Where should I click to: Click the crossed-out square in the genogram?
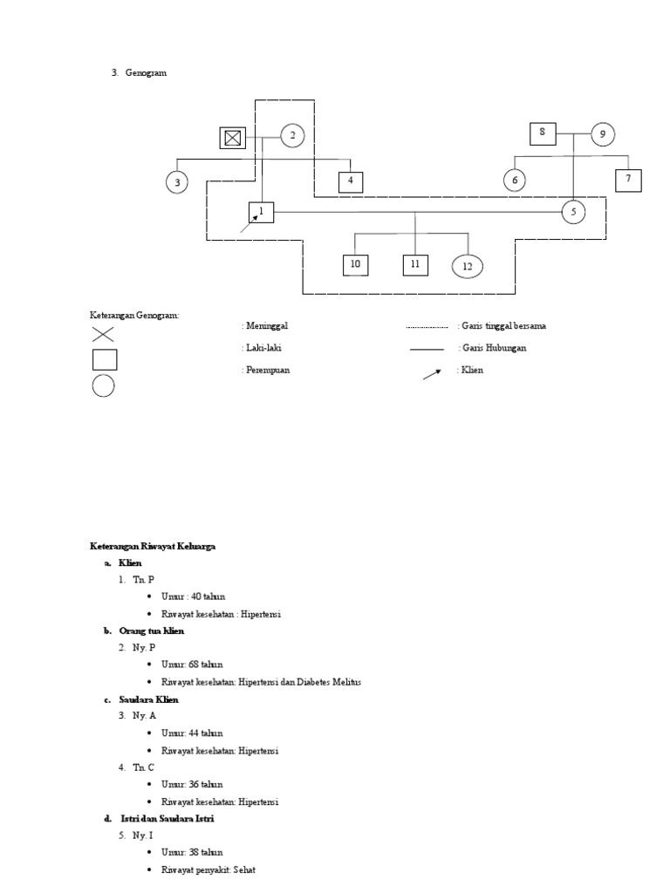point(232,137)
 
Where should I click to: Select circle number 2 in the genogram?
point(292,135)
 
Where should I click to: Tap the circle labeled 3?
point(177,182)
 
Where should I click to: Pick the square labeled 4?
point(351,181)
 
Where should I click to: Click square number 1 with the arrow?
point(261,211)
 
